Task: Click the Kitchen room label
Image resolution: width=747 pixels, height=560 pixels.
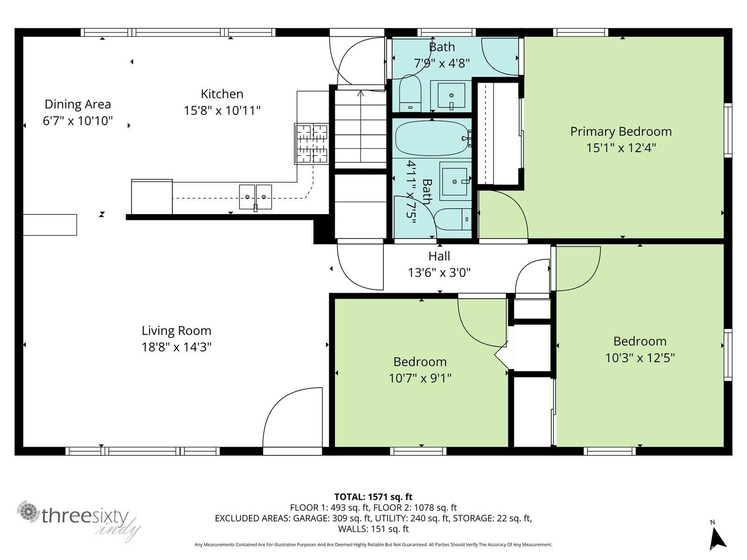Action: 222,94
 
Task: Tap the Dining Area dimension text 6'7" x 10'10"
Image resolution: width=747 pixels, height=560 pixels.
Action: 78,121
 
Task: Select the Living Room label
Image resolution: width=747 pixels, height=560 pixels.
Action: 176,330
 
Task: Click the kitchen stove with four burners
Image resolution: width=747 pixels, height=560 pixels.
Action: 311,143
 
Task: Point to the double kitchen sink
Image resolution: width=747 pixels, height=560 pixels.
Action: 255,197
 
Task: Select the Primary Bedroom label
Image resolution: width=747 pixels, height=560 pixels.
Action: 620,131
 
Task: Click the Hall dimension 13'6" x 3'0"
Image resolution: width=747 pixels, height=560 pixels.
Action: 439,273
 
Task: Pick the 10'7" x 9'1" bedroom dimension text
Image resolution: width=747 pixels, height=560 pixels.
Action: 420,378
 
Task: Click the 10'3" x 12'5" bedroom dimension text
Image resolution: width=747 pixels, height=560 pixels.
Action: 640,358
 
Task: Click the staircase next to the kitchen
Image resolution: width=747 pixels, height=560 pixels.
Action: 360,128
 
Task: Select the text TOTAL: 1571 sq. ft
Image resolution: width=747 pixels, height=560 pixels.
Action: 373,497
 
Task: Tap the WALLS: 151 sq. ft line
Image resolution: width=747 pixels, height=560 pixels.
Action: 373,529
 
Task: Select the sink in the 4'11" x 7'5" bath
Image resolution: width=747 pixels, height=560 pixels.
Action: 454,182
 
